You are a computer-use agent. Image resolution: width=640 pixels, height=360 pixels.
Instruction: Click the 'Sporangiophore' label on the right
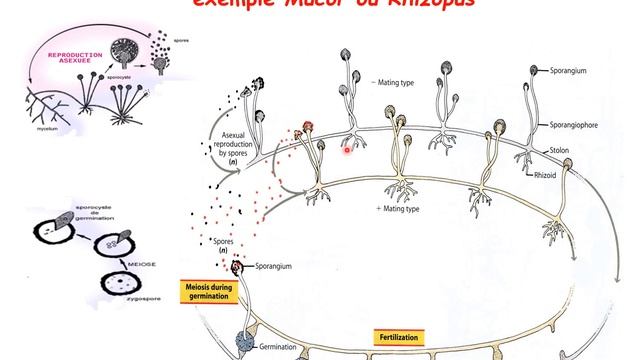[x=573, y=127]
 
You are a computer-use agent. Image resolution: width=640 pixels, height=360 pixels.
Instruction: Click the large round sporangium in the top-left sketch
[x=125, y=47]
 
